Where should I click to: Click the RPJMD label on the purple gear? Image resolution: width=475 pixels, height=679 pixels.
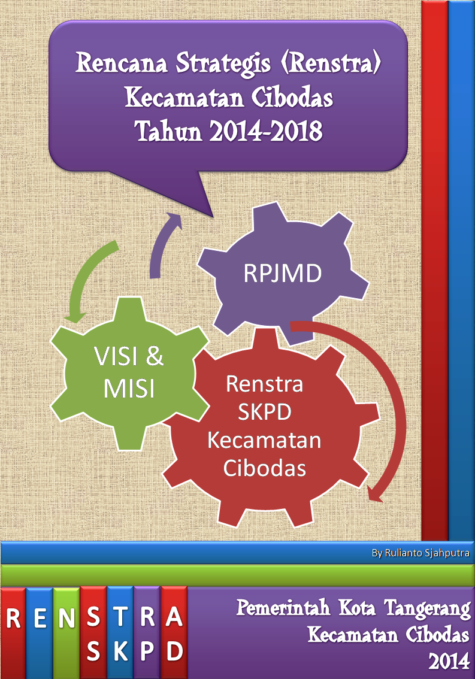point(283,273)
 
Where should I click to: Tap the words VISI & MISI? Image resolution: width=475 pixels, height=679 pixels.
point(129,372)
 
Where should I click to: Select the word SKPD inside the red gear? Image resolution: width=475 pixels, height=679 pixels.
point(264,412)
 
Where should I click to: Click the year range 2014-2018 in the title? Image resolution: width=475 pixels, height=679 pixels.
point(266,131)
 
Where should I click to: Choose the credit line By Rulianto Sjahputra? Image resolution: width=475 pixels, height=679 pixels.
point(420,553)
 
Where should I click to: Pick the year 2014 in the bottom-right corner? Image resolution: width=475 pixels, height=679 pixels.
point(449,661)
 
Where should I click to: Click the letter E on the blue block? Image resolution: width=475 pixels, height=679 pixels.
point(40,617)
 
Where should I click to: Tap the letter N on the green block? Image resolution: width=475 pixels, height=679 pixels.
point(66,617)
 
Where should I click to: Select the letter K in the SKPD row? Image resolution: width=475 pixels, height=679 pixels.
point(120,651)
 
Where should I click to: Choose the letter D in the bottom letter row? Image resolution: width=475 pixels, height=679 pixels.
point(175,651)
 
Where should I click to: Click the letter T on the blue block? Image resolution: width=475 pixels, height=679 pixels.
point(120,617)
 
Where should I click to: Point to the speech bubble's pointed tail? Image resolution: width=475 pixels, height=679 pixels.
point(213,216)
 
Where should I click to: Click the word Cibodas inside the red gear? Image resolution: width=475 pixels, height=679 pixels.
point(264,468)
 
